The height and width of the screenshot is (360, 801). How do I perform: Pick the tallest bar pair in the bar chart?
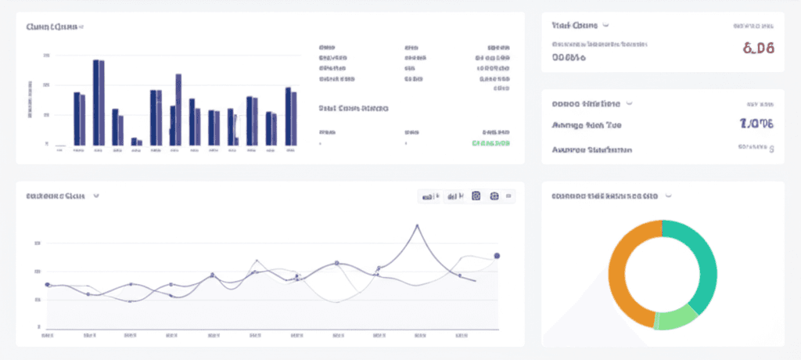[x=99, y=102]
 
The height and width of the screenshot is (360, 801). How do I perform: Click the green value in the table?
[x=491, y=143]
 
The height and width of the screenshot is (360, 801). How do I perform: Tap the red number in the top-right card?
[x=758, y=49]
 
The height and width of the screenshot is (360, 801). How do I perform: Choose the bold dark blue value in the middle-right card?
[x=756, y=124]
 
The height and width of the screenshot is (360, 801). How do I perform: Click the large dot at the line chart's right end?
[x=497, y=256]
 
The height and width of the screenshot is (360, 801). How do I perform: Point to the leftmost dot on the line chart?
[x=48, y=285]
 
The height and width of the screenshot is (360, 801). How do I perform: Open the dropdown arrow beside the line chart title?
[x=96, y=196]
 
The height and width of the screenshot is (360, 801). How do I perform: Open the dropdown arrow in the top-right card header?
[x=606, y=26]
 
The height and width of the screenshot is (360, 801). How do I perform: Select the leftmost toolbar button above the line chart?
[x=430, y=197]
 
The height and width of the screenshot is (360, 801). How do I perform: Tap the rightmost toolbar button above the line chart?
[x=509, y=197]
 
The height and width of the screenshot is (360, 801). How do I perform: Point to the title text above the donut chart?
[x=604, y=196]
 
